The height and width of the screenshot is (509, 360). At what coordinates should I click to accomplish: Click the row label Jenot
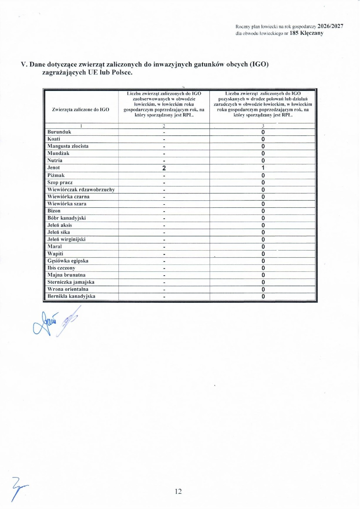(54, 168)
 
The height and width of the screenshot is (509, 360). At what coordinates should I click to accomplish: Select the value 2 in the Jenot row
(164, 168)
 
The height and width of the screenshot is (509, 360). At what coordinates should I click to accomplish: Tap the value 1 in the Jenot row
(263, 168)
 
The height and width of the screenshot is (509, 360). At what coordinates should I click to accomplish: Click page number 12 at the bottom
(178, 491)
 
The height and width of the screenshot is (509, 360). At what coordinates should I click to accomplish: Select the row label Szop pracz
(60, 182)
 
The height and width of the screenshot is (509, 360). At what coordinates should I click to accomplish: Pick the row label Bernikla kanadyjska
(71, 296)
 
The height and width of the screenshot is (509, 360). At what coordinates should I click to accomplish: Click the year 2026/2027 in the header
(330, 26)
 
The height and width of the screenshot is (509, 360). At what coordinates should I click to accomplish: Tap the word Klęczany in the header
(312, 33)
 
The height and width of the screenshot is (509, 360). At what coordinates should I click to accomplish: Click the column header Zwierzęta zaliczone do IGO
(81, 109)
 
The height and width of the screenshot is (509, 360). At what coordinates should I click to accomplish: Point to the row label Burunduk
(59, 132)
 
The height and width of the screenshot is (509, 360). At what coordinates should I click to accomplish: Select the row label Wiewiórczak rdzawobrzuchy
(81, 190)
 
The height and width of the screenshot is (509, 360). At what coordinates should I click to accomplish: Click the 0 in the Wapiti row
(263, 254)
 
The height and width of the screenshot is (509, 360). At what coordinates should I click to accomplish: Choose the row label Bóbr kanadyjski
(67, 218)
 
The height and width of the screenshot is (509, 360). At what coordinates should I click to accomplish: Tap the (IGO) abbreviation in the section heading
(259, 64)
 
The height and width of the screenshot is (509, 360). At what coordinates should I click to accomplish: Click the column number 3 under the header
(263, 126)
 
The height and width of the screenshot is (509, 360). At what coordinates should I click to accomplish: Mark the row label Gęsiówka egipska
(68, 261)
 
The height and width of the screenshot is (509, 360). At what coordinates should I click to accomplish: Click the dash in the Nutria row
(164, 161)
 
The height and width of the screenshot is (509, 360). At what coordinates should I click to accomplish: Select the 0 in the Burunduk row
(263, 132)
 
